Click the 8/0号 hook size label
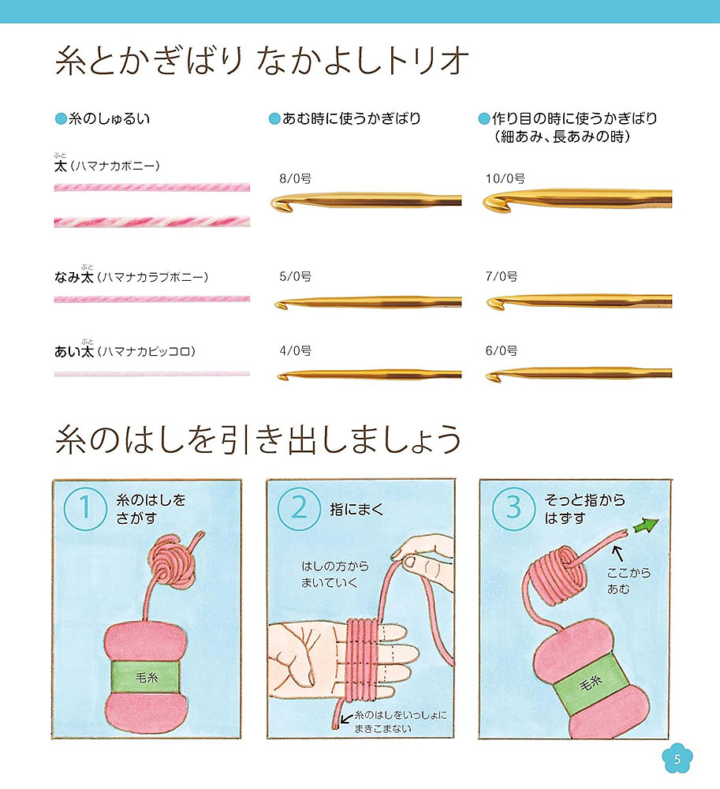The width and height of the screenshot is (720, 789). click(295, 178)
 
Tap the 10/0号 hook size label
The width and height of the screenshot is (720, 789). click(505, 178)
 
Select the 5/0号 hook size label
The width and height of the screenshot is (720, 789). click(295, 276)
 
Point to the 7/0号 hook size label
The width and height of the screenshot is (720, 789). click(502, 276)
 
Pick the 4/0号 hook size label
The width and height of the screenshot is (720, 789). click(295, 351)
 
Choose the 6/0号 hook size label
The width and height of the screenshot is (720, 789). click(502, 351)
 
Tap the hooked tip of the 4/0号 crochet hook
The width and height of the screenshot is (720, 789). click(282, 376)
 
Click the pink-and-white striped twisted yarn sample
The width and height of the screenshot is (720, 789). click(152, 222)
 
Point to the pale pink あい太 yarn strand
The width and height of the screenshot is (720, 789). click(152, 374)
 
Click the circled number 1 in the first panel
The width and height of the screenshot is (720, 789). click(85, 508)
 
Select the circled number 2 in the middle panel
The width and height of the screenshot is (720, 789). click(299, 508)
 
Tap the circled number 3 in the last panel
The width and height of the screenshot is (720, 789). click(513, 508)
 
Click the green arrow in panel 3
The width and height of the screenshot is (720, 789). click(647, 525)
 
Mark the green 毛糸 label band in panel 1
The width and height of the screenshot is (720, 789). click(145, 677)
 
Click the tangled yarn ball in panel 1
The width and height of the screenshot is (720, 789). click(174, 562)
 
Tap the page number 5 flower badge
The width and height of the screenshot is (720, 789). click(677, 759)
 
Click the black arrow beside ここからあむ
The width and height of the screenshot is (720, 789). click(618, 554)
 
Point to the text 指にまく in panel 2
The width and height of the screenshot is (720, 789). click(356, 510)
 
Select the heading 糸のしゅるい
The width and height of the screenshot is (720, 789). click(109, 119)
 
